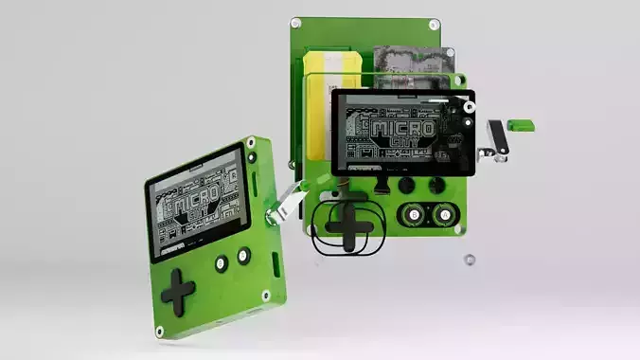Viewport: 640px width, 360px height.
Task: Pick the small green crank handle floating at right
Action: pos(521,123)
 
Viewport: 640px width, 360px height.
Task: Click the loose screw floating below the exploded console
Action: pos(468,259)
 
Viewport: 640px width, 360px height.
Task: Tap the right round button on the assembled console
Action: pos(243,255)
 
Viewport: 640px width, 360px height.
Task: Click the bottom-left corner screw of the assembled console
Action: pos(160,331)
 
